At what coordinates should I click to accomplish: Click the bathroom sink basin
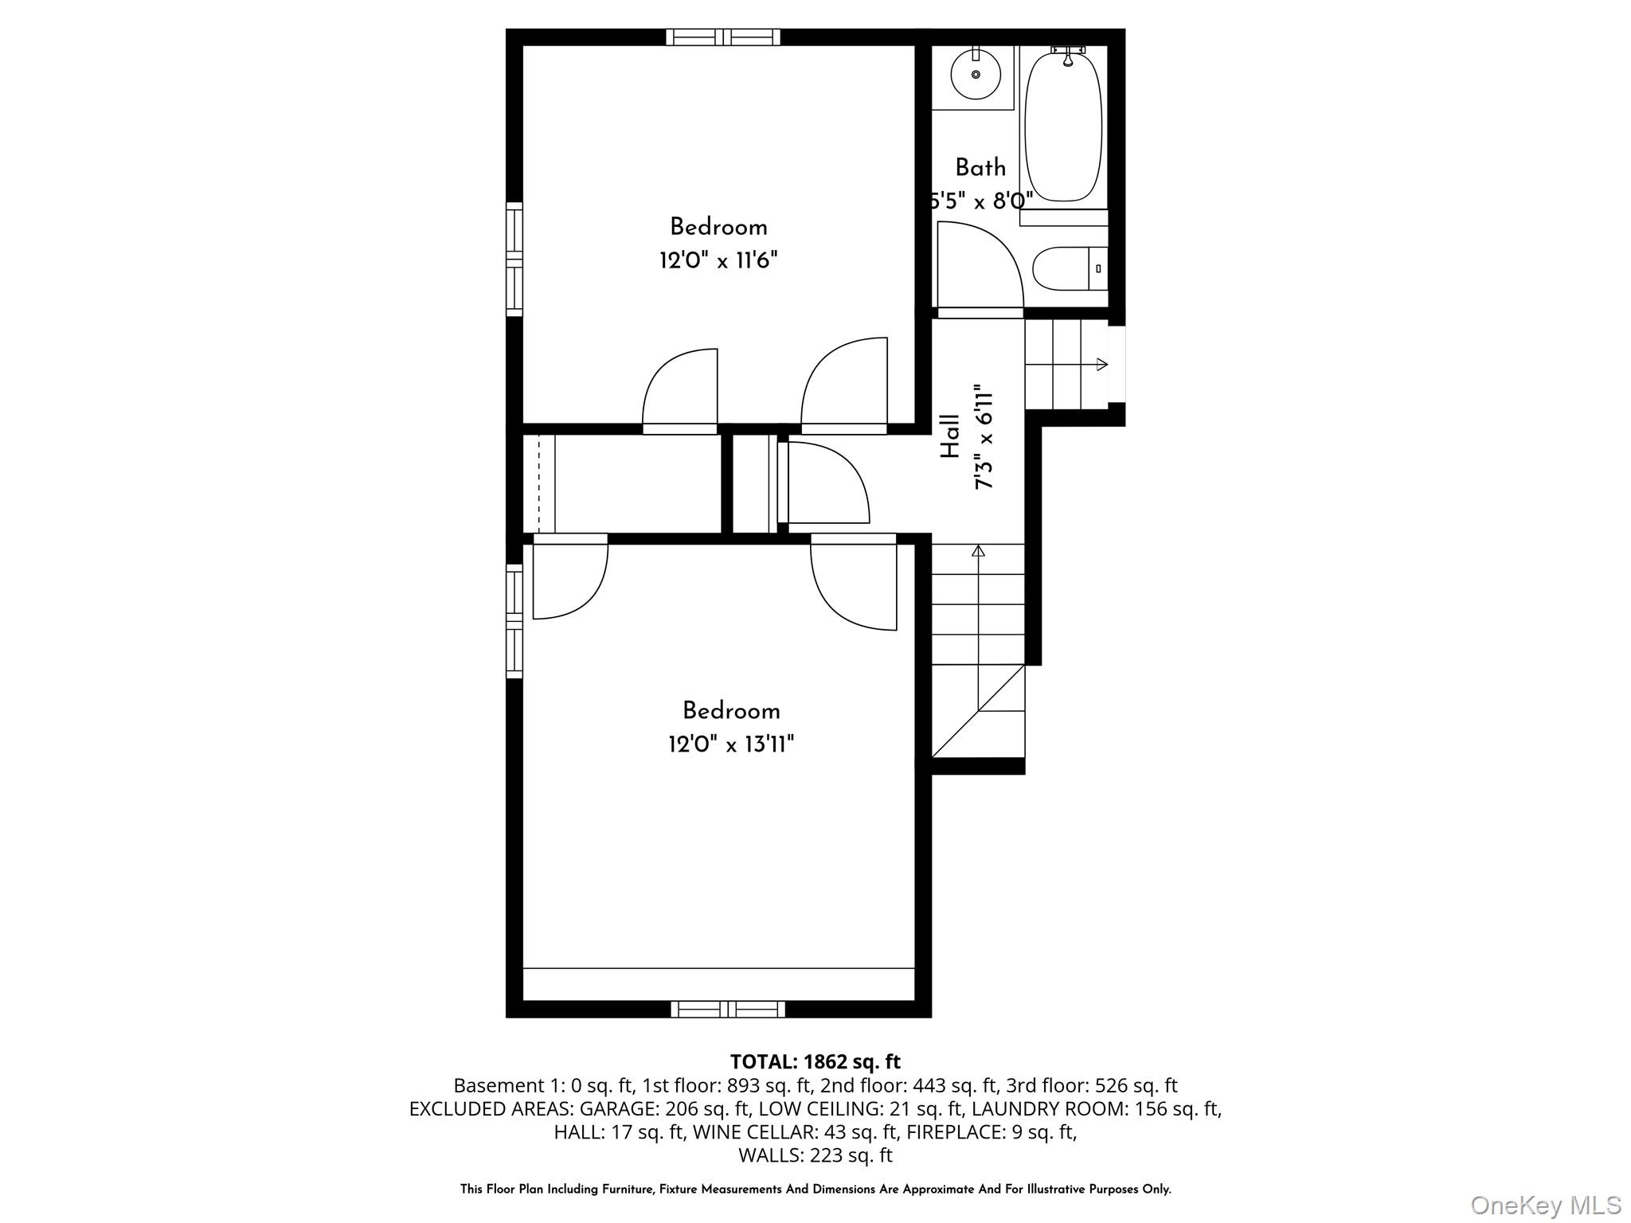pyautogui.click(x=976, y=74)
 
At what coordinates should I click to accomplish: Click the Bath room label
pyautogui.click(x=980, y=168)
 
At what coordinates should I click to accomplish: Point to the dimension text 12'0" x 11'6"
pyautogui.click(x=718, y=260)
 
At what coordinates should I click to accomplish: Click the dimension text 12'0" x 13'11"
pyautogui.click(x=731, y=744)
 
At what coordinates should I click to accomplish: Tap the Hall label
pyautogui.click(x=951, y=436)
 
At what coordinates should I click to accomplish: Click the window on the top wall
pyautogui.click(x=723, y=37)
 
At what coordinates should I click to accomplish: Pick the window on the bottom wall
pyautogui.click(x=728, y=1010)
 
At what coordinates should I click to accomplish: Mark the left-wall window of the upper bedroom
pyautogui.click(x=514, y=259)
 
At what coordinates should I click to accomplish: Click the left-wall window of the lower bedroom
pyautogui.click(x=514, y=621)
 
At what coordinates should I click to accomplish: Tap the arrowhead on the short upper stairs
pyautogui.click(x=1102, y=365)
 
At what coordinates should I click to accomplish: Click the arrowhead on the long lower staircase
pyautogui.click(x=979, y=550)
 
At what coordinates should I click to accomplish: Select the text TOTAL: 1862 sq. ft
pyautogui.click(x=815, y=1061)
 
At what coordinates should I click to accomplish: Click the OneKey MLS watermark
pyautogui.click(x=1545, y=1205)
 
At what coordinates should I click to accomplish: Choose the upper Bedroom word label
pyautogui.click(x=718, y=227)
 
